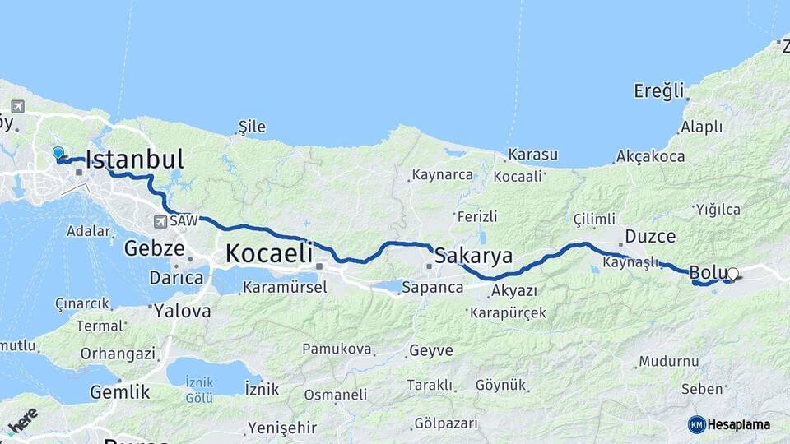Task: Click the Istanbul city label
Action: click(134, 160)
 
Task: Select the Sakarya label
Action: click(473, 255)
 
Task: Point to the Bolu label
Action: click(707, 271)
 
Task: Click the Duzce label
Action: click(650, 237)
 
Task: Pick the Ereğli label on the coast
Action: click(659, 90)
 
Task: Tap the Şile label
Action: click(252, 127)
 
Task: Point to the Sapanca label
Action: click(433, 288)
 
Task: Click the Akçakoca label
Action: click(650, 156)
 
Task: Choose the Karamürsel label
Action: click(285, 288)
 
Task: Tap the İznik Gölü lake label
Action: click(200, 390)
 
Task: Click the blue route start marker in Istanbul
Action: click(58, 153)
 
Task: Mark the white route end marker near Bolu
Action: click(732, 275)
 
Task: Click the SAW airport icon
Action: click(160, 221)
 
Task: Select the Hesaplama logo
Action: click(729, 424)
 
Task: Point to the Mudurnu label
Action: click(669, 362)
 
